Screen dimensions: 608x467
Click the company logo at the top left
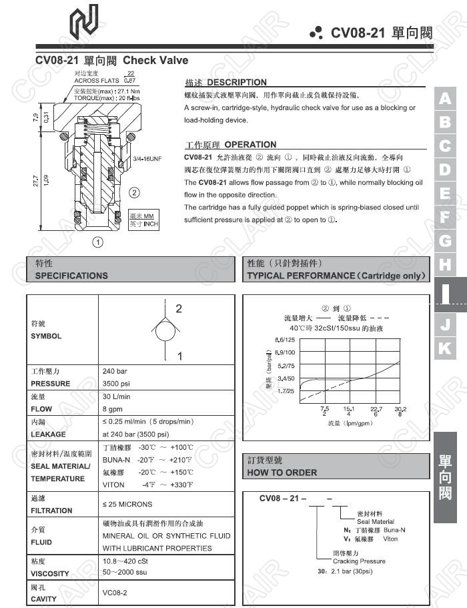[83, 19]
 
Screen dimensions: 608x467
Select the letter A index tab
[445, 99]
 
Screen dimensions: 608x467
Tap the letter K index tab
[445, 348]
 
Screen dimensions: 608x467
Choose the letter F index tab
[445, 217]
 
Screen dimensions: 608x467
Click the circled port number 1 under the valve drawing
[97, 242]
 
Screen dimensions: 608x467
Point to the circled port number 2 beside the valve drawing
[134, 194]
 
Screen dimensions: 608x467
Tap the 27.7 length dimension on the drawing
[35, 182]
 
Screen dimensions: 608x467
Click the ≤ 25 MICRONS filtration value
[127, 504]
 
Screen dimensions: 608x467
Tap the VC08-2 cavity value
[114, 592]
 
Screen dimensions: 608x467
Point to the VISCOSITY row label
[50, 573]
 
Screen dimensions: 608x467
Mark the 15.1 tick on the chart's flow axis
[348, 409]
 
